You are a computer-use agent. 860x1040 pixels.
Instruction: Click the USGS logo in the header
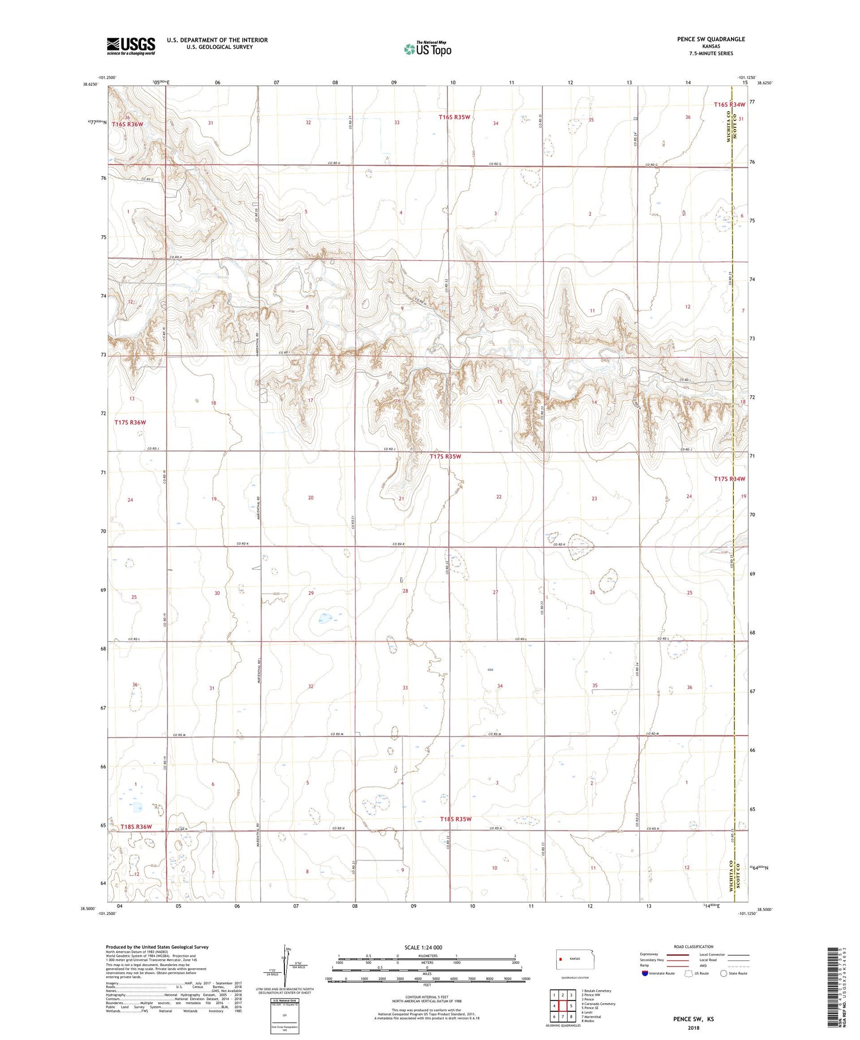(131, 46)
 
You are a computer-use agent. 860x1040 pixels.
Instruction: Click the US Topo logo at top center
(427, 49)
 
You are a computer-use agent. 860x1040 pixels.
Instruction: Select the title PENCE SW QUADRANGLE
(711, 39)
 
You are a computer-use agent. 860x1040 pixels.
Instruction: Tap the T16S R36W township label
(127, 124)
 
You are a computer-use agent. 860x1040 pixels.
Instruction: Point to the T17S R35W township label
(445, 457)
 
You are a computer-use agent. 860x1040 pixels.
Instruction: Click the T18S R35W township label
(456, 819)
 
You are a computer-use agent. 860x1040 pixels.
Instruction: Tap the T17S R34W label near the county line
(729, 479)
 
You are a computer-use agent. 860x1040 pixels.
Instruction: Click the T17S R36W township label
(130, 422)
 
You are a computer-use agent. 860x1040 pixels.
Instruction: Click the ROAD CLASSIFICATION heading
(693, 946)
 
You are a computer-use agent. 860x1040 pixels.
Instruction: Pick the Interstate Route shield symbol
(646, 973)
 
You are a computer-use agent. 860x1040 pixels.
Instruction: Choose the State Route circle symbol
(724, 973)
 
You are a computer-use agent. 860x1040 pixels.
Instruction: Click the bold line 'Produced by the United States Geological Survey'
(157, 947)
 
